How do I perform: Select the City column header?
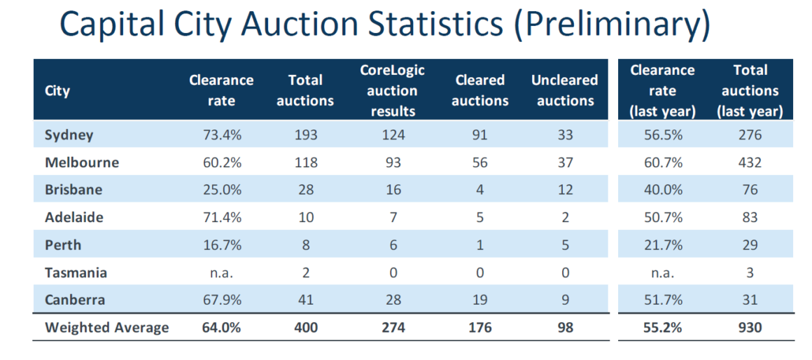click(57, 91)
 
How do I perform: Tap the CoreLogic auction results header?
click(393, 91)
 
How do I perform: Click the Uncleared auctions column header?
click(565, 91)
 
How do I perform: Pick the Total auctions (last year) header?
click(750, 91)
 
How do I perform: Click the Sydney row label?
click(69, 134)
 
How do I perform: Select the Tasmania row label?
click(76, 272)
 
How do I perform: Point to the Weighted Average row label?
click(106, 328)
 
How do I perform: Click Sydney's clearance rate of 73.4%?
click(221, 134)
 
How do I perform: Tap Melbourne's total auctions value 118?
click(305, 162)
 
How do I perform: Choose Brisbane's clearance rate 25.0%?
click(221, 190)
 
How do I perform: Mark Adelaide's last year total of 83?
click(750, 217)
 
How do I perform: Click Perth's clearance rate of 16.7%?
click(221, 245)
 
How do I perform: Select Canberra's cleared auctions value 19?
click(479, 300)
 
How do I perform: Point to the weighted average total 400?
click(305, 328)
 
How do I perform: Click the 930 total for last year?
click(750, 328)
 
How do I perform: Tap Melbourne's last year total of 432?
click(750, 162)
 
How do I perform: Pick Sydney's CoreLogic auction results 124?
click(393, 134)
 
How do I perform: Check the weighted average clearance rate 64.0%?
click(221, 328)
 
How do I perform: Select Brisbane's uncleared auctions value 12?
click(565, 190)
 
